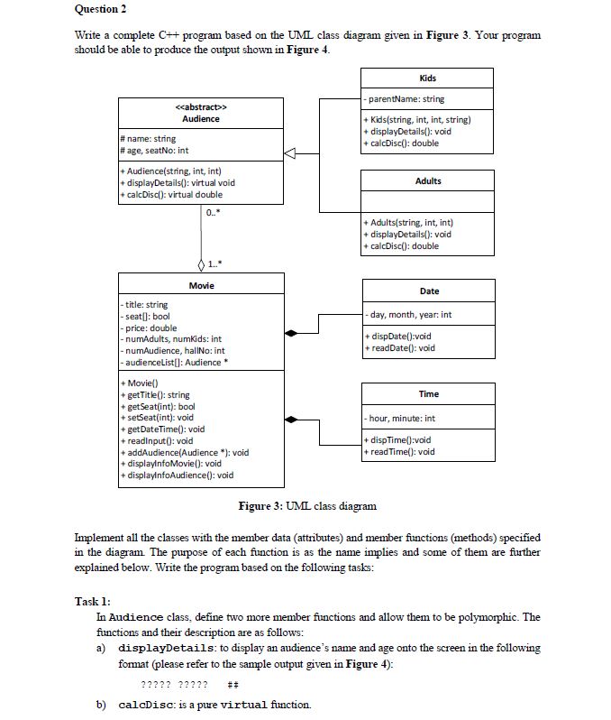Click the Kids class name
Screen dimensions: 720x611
(428, 78)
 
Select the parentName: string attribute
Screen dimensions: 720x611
(406, 99)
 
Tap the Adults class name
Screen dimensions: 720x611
(428, 180)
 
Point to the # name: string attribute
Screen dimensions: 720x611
(149, 139)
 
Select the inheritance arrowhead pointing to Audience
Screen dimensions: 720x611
(289, 155)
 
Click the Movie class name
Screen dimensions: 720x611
(201, 285)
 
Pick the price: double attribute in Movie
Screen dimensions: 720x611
(150, 328)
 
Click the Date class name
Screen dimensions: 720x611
(429, 291)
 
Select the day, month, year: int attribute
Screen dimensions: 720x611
(410, 315)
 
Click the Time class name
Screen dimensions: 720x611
(429, 393)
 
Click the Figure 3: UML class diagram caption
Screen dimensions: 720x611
(306, 505)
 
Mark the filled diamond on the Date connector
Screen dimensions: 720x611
(290, 334)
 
